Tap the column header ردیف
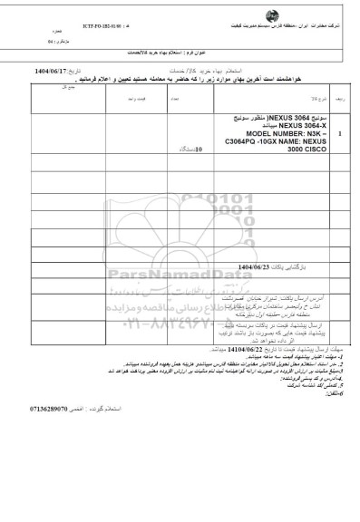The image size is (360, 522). [339, 117]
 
